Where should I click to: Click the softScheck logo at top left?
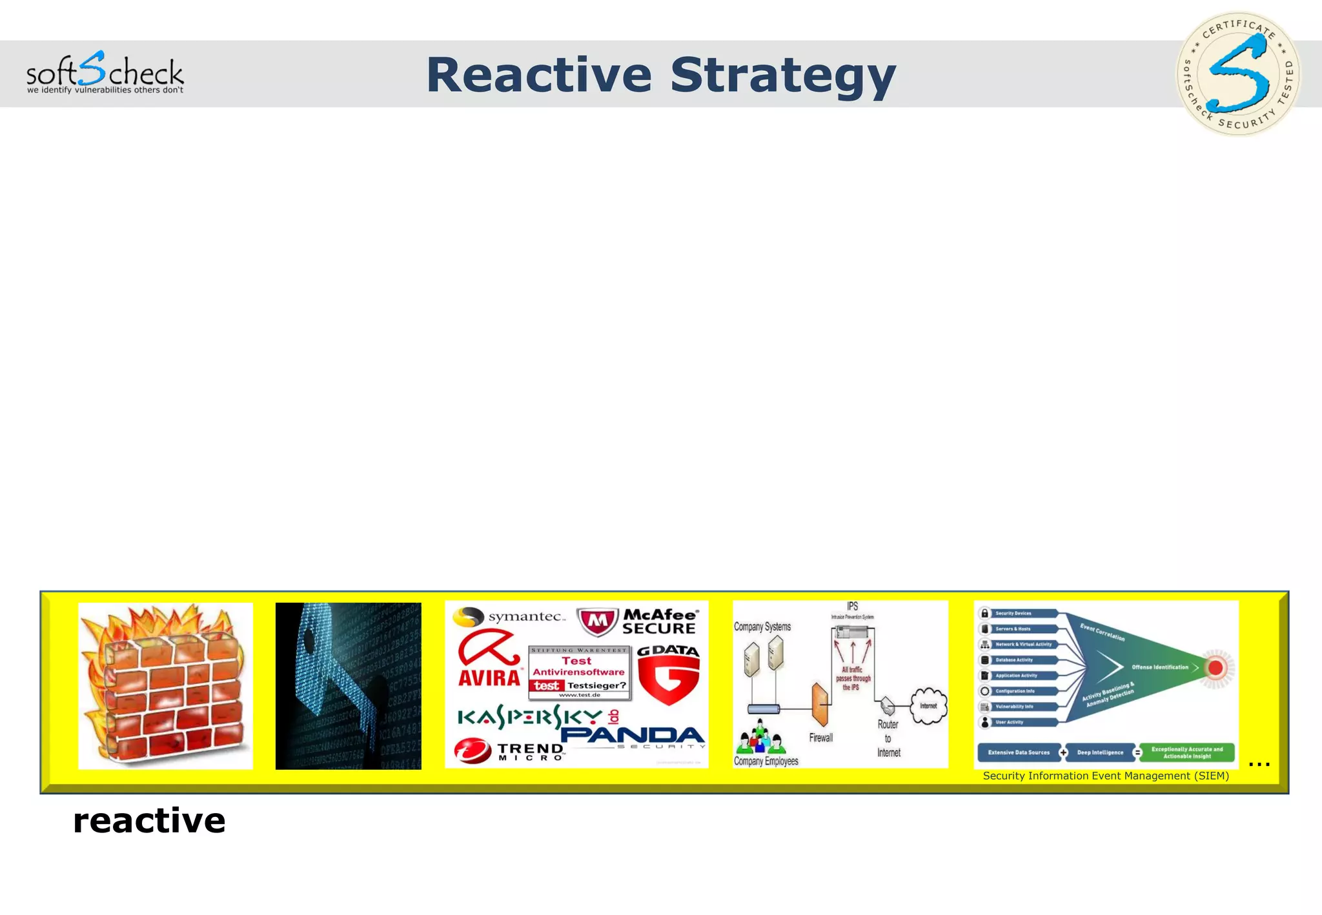click(105, 73)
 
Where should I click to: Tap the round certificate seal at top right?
click(1238, 74)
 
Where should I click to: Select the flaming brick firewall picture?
click(165, 685)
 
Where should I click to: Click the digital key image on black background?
click(348, 685)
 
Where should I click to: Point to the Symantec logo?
click(509, 617)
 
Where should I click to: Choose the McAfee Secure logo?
click(638, 621)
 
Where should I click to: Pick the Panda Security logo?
click(633, 738)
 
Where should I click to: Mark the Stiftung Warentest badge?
click(579, 672)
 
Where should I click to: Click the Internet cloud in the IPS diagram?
click(928, 705)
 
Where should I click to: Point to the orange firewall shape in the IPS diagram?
click(820, 704)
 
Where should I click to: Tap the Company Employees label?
click(766, 761)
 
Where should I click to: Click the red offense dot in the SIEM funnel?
click(1215, 668)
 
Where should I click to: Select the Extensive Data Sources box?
click(1019, 752)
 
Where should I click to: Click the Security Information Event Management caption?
click(1105, 776)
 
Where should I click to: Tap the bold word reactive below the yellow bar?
click(149, 820)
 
